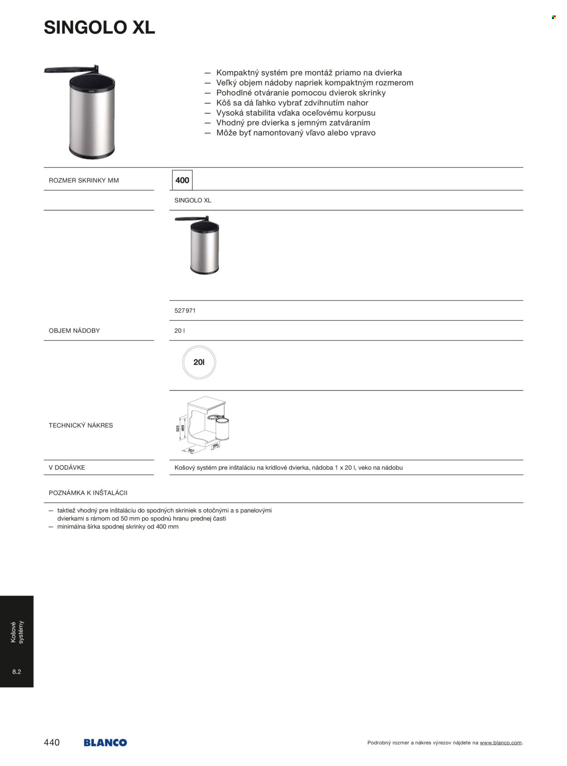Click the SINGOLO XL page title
pos(99,28)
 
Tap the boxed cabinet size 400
pos(182,180)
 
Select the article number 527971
pos(185,311)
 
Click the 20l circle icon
pos(199,362)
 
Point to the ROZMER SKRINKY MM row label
pos(84,180)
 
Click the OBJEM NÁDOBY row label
pos(74,331)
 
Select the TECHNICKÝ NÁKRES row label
pos(81,426)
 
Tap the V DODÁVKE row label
pos(67,468)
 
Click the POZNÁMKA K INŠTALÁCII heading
pos(88,493)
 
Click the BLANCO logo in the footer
pos(105,742)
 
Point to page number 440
pos(52,742)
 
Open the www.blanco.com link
pos(501,743)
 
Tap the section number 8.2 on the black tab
pos(17,672)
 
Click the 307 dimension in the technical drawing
pos(191,451)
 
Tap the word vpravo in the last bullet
pos(363,133)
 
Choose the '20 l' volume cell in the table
pos(180,331)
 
